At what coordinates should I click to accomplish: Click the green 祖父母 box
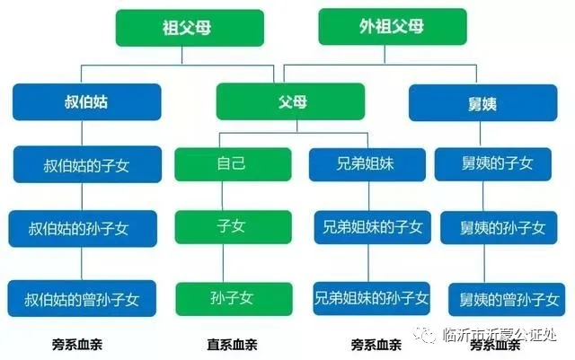coord(190,28)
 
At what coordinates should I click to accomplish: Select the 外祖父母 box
coord(393,27)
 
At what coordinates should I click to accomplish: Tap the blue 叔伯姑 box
coord(87,102)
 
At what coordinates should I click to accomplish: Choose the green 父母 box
coord(290,101)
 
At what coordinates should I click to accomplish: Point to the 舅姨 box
coord(483,102)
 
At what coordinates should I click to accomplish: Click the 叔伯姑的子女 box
coord(87,164)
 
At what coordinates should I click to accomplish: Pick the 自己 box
coord(233,164)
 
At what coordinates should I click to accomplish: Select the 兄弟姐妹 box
coord(367,164)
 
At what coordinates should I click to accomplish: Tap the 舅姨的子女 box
coord(493,164)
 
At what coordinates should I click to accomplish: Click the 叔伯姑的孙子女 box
coord(83,228)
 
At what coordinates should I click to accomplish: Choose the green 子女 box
coord(234,227)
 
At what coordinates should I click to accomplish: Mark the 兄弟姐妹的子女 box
coord(372,227)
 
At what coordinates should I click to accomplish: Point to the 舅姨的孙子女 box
coord(499,228)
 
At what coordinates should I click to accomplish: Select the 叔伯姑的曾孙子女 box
coord(82,298)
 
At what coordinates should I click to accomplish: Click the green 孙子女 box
coord(234,299)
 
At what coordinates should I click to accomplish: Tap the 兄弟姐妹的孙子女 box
coord(371,298)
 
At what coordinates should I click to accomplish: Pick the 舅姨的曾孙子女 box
coord(507,300)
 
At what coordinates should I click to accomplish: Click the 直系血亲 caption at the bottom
coord(232,345)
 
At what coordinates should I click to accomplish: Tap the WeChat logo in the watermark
coord(425,334)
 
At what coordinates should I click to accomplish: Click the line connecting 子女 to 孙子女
coord(223,263)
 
